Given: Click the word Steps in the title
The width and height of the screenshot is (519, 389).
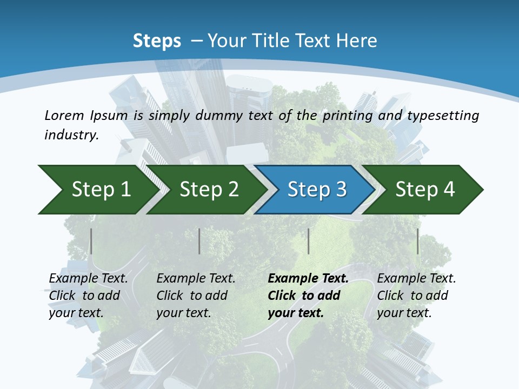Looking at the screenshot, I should pyautogui.click(x=157, y=41).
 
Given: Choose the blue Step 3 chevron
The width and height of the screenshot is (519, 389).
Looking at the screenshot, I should pyautogui.click(x=317, y=190).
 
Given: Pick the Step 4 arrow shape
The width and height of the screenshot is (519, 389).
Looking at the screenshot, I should pyautogui.click(x=425, y=190).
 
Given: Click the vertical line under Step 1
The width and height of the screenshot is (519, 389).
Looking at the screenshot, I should pyautogui.click(x=91, y=241).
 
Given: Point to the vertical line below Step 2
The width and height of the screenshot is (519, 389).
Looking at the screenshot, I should pyautogui.click(x=199, y=241).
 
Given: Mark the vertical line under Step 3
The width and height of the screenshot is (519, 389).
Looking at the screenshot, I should pyautogui.click(x=309, y=241).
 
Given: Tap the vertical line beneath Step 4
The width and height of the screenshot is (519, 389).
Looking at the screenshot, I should pyautogui.click(x=418, y=241).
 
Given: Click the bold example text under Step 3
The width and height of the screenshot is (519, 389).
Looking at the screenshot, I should pyautogui.click(x=308, y=296).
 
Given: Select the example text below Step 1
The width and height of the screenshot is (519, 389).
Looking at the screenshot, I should pyautogui.click(x=88, y=296).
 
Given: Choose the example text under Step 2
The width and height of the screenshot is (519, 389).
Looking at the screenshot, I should pyautogui.click(x=196, y=296).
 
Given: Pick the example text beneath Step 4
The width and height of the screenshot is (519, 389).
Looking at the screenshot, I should pyautogui.click(x=416, y=296).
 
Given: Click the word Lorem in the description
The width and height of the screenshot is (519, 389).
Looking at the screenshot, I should pyautogui.click(x=64, y=116).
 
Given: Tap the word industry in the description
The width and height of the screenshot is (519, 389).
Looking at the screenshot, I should pyautogui.click(x=71, y=135).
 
